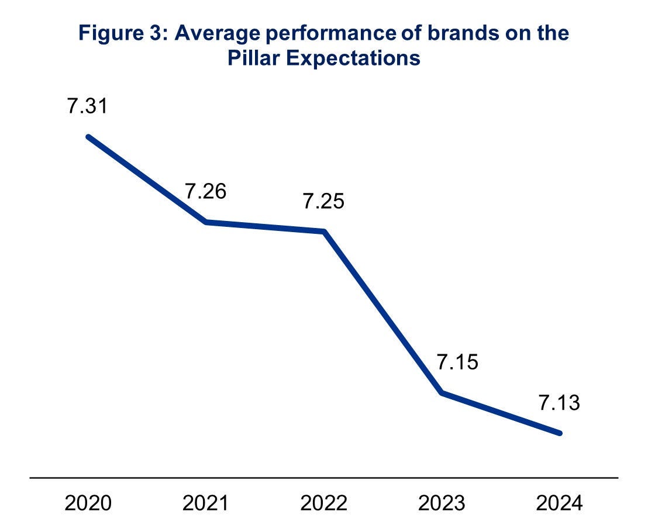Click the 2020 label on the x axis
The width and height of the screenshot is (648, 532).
88,503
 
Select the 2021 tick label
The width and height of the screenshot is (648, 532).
206,503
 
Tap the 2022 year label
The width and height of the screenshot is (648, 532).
323,503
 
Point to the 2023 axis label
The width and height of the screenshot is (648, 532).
442,503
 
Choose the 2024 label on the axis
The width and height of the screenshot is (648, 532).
559,503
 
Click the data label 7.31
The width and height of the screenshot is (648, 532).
88,108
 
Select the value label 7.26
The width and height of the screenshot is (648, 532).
206,192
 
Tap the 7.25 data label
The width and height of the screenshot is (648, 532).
323,202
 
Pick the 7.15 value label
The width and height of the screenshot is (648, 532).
457,362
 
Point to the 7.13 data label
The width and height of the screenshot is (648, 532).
559,403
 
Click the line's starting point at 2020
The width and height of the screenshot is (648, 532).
88,137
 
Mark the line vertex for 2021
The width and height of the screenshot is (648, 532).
206,222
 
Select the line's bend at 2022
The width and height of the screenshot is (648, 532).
323,232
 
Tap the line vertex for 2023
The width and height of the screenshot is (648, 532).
442,392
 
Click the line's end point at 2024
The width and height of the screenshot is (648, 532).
560,433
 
